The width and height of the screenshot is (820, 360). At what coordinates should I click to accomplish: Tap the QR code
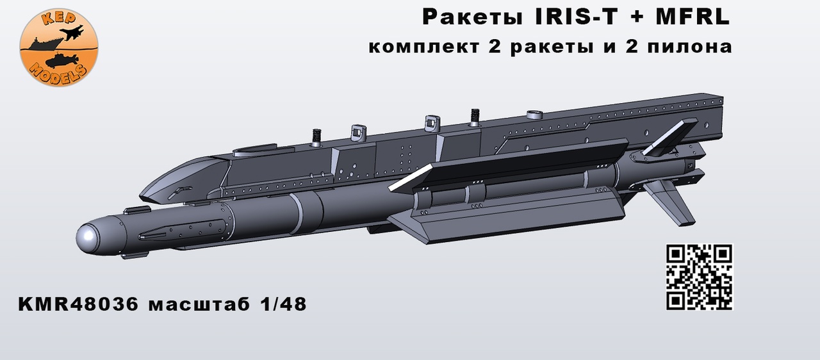(700, 277)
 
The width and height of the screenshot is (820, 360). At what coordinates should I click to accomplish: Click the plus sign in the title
(641, 18)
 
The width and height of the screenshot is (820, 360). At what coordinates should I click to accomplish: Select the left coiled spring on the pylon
(315, 137)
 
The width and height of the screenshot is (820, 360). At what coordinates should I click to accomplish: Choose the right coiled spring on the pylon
(475, 116)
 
